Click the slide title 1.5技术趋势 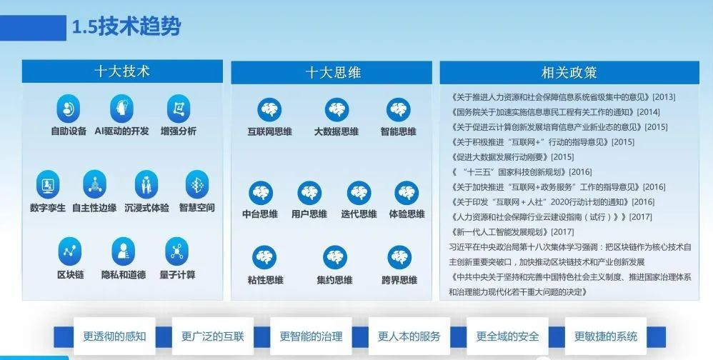pos(126,27)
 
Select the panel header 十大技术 pos(122,71)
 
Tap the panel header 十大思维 pos(331,73)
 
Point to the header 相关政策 pos(569,73)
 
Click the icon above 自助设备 pos(68,109)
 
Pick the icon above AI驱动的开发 pos(121,109)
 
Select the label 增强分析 pos(179,131)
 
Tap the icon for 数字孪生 pos(48,184)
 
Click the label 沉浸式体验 pos(147,208)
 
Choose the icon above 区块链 pos(70,251)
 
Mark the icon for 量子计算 pos(177,251)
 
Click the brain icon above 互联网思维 pos(269,109)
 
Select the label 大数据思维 pos(336,132)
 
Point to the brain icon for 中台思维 pos(261,193)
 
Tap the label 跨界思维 pos(399,280)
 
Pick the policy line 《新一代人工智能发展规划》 pos(512,232)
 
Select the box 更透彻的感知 pos(114,336)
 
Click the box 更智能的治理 pos(311,336)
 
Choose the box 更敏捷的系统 pos(606,336)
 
